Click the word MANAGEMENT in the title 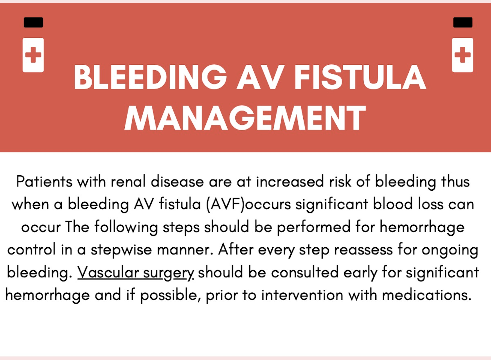[x=245, y=118]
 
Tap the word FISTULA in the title [x=360, y=77]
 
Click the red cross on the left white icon [x=33, y=55]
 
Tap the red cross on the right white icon [x=462, y=55]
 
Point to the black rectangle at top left [x=33, y=22]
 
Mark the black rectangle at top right [x=463, y=22]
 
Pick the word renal [x=128, y=182]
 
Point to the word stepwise [x=121, y=250]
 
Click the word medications [x=427, y=295]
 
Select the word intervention [x=302, y=295]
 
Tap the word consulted [x=305, y=272]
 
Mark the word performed [x=314, y=227]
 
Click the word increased [x=290, y=182]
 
